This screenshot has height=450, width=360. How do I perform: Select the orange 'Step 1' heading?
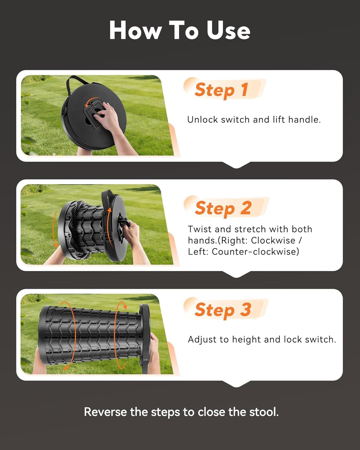(x=221, y=90)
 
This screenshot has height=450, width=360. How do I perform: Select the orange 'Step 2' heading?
(x=223, y=208)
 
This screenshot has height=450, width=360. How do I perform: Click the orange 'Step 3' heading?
(x=223, y=310)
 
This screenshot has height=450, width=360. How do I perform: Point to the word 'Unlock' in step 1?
(x=202, y=120)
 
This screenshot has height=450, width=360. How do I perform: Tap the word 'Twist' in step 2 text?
(x=200, y=229)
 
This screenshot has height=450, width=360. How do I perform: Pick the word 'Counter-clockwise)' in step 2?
(x=255, y=251)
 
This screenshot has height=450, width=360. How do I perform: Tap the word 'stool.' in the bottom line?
(x=264, y=412)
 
